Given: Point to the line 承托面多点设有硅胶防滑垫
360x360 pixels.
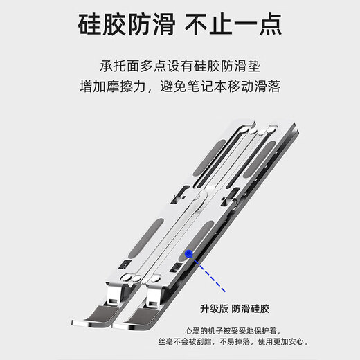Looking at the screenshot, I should coord(180,67).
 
